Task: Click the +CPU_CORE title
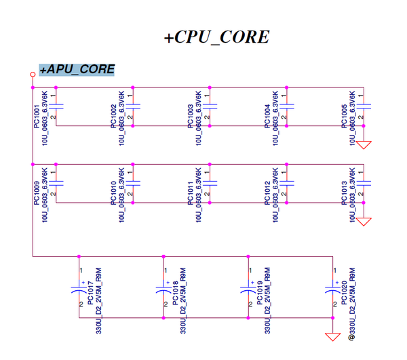pyautogui.click(x=216, y=37)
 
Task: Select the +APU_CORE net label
pyautogui.click(x=77, y=70)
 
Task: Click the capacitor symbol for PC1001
pyautogui.click(x=56, y=106)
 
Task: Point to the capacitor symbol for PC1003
pyautogui.click(x=210, y=106)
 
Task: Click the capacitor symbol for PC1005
pyautogui.click(x=364, y=106)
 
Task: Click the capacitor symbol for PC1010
pyautogui.click(x=133, y=182)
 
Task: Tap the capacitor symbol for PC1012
pyautogui.click(x=287, y=182)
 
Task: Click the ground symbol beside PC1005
pyautogui.click(x=364, y=144)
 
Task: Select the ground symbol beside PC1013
pyautogui.click(x=364, y=220)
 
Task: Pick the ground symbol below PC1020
pyautogui.click(x=332, y=337)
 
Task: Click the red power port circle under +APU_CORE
pyautogui.click(x=32, y=74)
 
